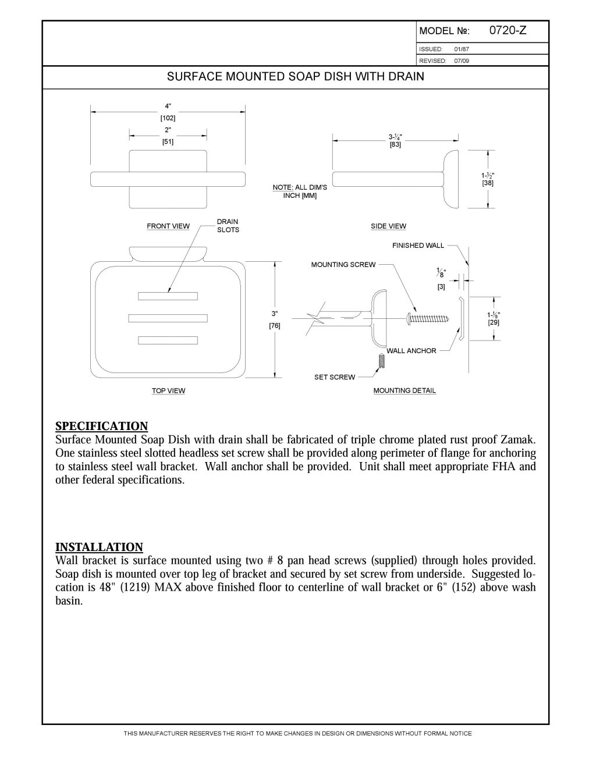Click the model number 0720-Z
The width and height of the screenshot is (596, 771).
coord(508,31)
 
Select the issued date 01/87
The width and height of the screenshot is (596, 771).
coord(462,49)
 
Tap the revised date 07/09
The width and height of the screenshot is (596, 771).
coord(462,61)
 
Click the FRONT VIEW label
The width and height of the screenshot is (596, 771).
coord(168,226)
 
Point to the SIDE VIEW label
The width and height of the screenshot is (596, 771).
coord(388,226)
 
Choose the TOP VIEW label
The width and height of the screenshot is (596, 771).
coord(168,391)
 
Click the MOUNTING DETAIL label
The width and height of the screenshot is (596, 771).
coord(405,391)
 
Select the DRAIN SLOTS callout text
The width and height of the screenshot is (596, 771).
coord(228,226)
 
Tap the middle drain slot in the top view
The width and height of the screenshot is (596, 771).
coord(168,318)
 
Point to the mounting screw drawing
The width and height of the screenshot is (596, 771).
coord(426,318)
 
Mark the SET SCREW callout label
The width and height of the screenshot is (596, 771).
coord(334,378)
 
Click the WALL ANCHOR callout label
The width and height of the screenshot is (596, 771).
coord(411,351)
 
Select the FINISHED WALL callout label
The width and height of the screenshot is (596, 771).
coord(418,246)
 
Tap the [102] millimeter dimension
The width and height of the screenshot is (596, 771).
coord(168,118)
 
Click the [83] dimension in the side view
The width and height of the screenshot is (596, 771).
coord(395,145)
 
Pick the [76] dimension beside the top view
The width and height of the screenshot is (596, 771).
coord(275,326)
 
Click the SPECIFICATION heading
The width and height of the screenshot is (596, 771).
coord(101,426)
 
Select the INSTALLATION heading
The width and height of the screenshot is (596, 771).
coord(99,547)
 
